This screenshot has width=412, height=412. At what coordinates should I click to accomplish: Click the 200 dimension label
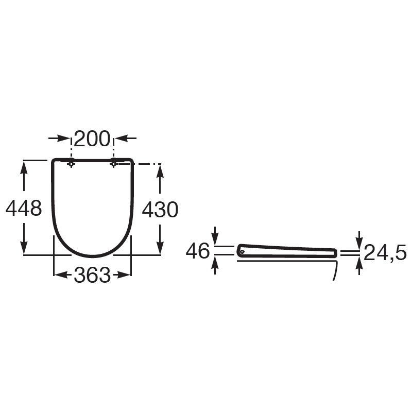click(92, 139)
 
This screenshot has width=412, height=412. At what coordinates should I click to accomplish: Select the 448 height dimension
click(24, 208)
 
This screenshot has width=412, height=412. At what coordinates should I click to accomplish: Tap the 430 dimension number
click(160, 210)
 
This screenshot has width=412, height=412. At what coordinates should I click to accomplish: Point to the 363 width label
click(92, 275)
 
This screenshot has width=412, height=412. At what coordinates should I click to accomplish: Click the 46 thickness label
click(198, 251)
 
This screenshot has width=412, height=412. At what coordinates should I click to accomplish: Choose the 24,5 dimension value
click(385, 252)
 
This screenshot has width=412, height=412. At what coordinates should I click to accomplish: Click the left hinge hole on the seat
click(71, 164)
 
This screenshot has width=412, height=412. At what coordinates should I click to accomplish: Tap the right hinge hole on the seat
click(113, 164)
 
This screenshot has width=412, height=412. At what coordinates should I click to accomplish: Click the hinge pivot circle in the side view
click(242, 252)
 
